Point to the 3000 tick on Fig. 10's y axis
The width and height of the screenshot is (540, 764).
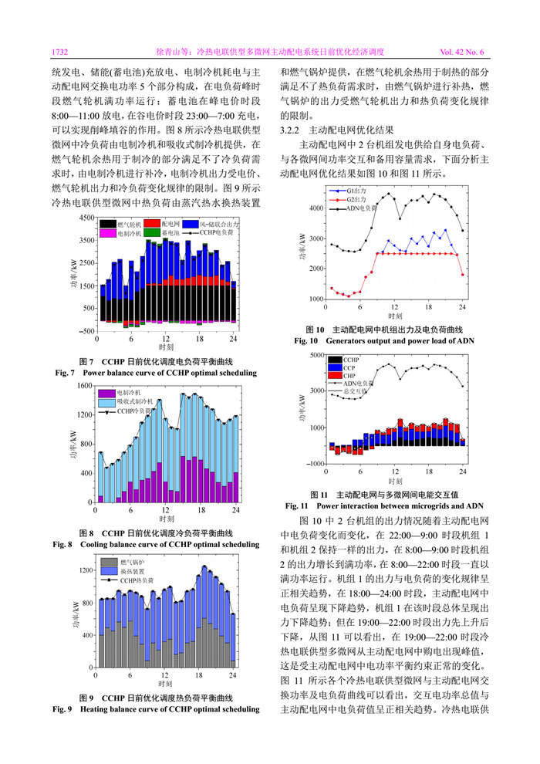tap(318, 238)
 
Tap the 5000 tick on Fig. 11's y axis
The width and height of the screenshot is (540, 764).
tap(318, 356)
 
